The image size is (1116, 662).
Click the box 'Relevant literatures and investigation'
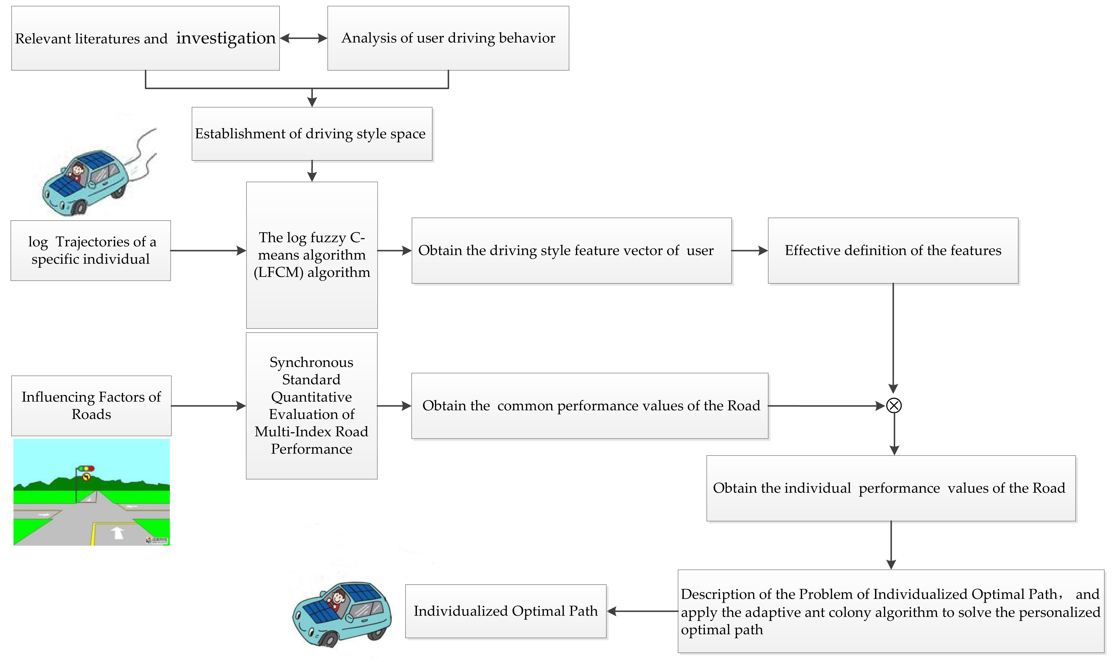(145, 38)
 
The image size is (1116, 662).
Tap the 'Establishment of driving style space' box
(312, 134)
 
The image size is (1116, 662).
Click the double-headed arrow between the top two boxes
(303, 38)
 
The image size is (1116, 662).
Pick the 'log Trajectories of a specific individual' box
(91, 250)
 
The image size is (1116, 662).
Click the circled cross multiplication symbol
(893, 405)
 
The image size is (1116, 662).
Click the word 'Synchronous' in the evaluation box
(311, 362)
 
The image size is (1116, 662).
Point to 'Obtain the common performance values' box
(589, 405)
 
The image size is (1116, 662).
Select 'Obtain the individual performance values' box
(891, 488)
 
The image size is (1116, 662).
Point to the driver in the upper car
(78, 171)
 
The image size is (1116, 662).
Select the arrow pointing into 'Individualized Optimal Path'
(642, 611)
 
